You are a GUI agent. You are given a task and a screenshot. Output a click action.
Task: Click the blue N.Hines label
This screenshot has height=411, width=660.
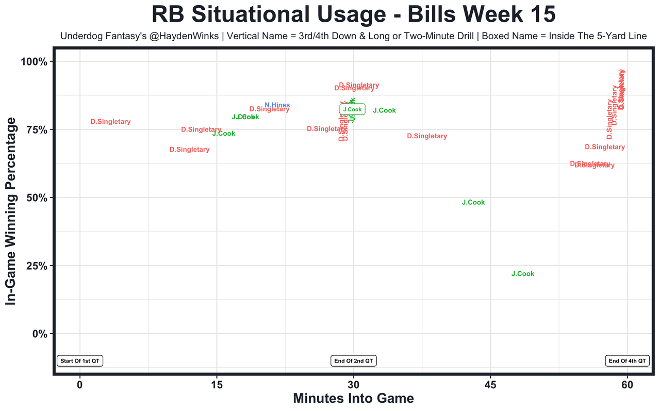[x=277, y=105]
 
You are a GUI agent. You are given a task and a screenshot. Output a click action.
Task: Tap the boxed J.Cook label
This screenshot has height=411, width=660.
[x=352, y=109]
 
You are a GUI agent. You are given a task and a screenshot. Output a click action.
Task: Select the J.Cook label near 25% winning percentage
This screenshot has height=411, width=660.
[x=522, y=274]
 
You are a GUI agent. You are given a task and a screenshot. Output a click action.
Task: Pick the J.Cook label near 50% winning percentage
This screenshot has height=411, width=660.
[x=473, y=203]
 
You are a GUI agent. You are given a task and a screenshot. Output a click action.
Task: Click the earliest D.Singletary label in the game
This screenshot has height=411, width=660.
[x=110, y=122]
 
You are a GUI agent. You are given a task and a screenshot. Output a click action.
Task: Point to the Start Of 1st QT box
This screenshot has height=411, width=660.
[x=80, y=361]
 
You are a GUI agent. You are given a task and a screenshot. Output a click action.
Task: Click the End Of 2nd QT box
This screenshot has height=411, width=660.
[x=353, y=361]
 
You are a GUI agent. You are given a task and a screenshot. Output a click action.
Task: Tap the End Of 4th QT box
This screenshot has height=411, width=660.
[x=627, y=361]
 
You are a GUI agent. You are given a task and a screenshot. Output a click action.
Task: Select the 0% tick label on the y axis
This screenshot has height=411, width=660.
[x=39, y=334]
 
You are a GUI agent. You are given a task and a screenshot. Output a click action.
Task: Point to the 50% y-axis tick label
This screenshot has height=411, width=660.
[x=37, y=198]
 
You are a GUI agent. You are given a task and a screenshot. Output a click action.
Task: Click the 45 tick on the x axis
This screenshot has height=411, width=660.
[x=490, y=385]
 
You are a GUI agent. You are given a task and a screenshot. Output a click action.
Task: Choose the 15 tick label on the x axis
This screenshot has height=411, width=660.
[x=217, y=385]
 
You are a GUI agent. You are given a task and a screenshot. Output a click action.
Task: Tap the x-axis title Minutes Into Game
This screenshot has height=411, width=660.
[x=353, y=399]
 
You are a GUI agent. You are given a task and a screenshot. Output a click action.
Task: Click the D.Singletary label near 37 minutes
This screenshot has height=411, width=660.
[x=426, y=136]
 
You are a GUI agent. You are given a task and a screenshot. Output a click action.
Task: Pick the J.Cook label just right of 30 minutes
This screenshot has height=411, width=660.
[x=384, y=110]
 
